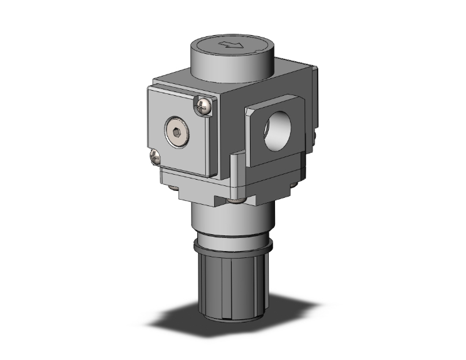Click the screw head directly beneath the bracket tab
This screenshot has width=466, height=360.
(x=236, y=201)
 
